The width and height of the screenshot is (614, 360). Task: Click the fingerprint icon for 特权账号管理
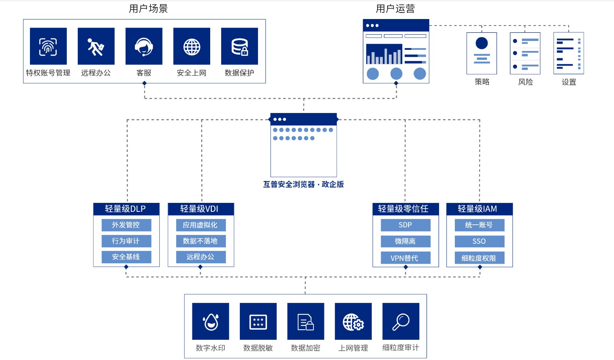point(48,46)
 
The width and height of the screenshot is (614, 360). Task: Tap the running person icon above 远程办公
point(96,46)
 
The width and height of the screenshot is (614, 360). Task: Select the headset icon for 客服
point(144,46)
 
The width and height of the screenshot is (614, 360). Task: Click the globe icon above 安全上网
point(192,46)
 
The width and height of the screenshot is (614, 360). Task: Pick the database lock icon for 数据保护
point(239,46)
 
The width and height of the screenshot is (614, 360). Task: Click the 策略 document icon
point(482,53)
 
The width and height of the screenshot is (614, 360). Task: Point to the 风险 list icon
point(525,53)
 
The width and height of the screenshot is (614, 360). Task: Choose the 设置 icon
point(568,53)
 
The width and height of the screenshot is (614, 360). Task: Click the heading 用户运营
point(395,9)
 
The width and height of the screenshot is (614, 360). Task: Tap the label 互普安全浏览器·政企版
point(303,184)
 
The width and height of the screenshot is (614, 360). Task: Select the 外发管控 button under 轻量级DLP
point(126,225)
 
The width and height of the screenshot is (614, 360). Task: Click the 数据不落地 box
point(200,241)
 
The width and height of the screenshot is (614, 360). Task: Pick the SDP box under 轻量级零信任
point(405,225)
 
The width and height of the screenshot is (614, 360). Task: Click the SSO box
point(479,241)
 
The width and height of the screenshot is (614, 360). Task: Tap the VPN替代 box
point(405,258)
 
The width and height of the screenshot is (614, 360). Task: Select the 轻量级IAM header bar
point(479,209)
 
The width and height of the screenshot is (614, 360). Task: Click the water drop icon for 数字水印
point(211,321)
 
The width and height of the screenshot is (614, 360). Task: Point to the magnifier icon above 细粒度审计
point(401,321)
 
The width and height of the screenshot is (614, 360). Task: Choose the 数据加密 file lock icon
point(306,321)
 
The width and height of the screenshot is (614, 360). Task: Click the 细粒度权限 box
point(479,258)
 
